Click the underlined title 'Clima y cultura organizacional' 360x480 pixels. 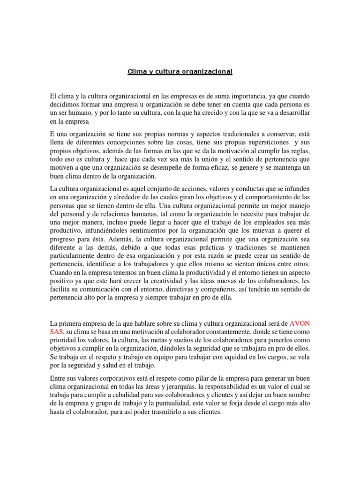[x=180, y=72]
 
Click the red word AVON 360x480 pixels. [x=301, y=323]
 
